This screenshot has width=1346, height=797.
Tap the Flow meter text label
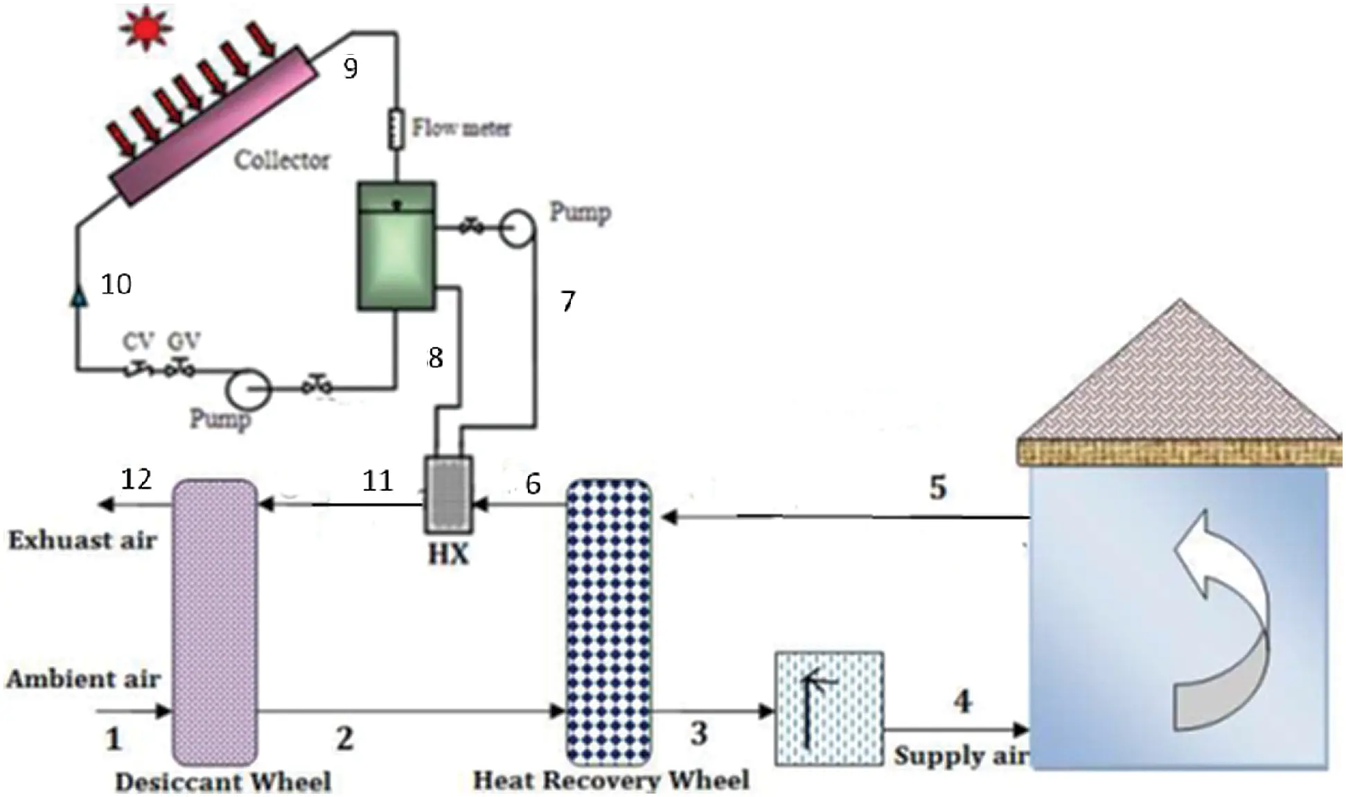[x=461, y=128]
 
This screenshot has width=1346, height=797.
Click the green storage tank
[x=396, y=246]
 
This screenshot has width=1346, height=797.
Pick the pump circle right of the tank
[x=517, y=227]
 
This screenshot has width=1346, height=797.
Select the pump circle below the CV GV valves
[x=248, y=389]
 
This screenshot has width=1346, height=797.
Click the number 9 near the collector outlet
[x=351, y=68]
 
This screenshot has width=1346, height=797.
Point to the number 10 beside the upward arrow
[x=116, y=284]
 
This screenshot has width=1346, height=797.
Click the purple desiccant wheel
[x=214, y=622]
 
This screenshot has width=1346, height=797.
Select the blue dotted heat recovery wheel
[x=609, y=622]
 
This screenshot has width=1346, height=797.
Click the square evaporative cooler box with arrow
[x=829, y=708]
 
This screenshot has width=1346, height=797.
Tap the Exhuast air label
[x=82, y=540]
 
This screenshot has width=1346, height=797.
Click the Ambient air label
[x=83, y=678]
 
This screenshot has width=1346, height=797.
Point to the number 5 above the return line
[x=937, y=487]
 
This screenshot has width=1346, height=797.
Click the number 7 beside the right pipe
[x=567, y=301]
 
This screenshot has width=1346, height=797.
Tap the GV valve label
[x=184, y=341]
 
